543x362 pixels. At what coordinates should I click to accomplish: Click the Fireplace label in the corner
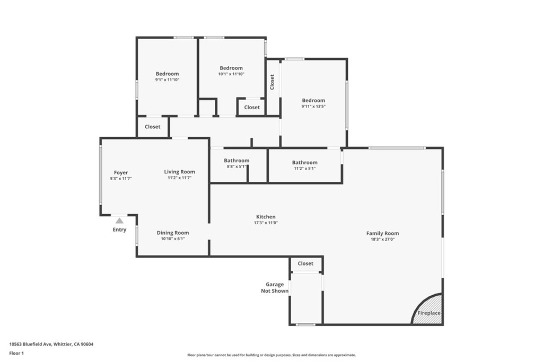[428, 313]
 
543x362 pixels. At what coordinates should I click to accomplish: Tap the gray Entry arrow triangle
[119, 220]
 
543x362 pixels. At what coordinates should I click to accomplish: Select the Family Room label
[382, 233]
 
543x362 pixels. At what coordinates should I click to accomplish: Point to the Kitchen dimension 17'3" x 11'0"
[266, 223]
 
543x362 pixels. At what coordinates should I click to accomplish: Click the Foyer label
[121, 173]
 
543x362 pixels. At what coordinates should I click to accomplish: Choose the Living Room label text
[179, 172]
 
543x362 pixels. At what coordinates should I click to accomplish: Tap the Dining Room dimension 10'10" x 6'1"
[172, 239]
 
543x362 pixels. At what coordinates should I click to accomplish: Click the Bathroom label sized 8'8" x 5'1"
[237, 161]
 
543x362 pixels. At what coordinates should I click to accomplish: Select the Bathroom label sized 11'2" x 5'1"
[304, 163]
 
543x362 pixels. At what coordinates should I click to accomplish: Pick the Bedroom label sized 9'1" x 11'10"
[167, 74]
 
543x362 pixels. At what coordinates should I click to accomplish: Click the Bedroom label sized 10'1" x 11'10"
[231, 68]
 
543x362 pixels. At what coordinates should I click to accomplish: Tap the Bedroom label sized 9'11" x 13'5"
[313, 101]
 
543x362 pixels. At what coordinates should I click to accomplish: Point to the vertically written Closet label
[273, 82]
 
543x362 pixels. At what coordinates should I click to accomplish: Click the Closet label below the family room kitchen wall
[305, 263]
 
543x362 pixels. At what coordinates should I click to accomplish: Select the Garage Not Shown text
[275, 288]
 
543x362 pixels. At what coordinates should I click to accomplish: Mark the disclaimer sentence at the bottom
[271, 355]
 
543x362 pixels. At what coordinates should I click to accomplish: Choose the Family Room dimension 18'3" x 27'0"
[382, 239]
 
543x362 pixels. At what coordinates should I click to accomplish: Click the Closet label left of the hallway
[152, 127]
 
